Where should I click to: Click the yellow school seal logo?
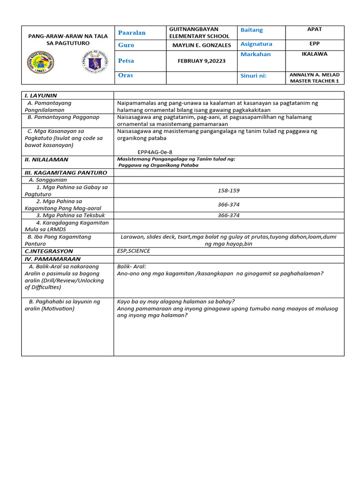point(41,62)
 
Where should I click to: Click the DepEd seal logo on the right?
point(95,62)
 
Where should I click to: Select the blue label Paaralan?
point(132,33)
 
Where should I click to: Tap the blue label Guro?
point(126,45)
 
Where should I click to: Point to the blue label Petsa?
point(126,61)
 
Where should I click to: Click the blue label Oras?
point(125,75)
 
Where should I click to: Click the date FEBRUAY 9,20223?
point(200,61)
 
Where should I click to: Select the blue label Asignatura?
point(256,44)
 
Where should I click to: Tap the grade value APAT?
point(314,29)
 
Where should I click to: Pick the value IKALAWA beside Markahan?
point(314,54)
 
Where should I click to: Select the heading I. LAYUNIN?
point(41,95)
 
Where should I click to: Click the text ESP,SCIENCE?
point(133,251)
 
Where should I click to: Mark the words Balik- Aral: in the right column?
point(132,266)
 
